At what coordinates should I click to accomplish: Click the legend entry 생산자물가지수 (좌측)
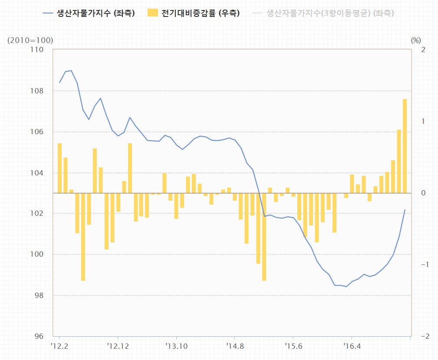[89, 13]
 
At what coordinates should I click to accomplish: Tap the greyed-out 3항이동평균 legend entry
[323, 13]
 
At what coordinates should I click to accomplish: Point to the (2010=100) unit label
[30, 40]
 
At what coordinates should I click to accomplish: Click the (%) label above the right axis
[415, 40]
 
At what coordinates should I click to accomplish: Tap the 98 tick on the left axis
[40, 295]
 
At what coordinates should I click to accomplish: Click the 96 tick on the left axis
[40, 336]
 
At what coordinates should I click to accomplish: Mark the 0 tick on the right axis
[423, 193]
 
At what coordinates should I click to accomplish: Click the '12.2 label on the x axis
[59, 346]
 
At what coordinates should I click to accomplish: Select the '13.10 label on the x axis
[176, 346]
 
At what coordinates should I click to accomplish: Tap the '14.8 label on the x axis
[234, 346]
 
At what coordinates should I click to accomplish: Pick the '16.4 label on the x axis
[352, 346]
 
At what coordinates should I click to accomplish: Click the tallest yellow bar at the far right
[405, 146]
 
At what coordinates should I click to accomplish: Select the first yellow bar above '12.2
[59, 168]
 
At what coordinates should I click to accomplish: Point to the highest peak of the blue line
[71, 70]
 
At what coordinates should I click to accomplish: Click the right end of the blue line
[405, 210]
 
